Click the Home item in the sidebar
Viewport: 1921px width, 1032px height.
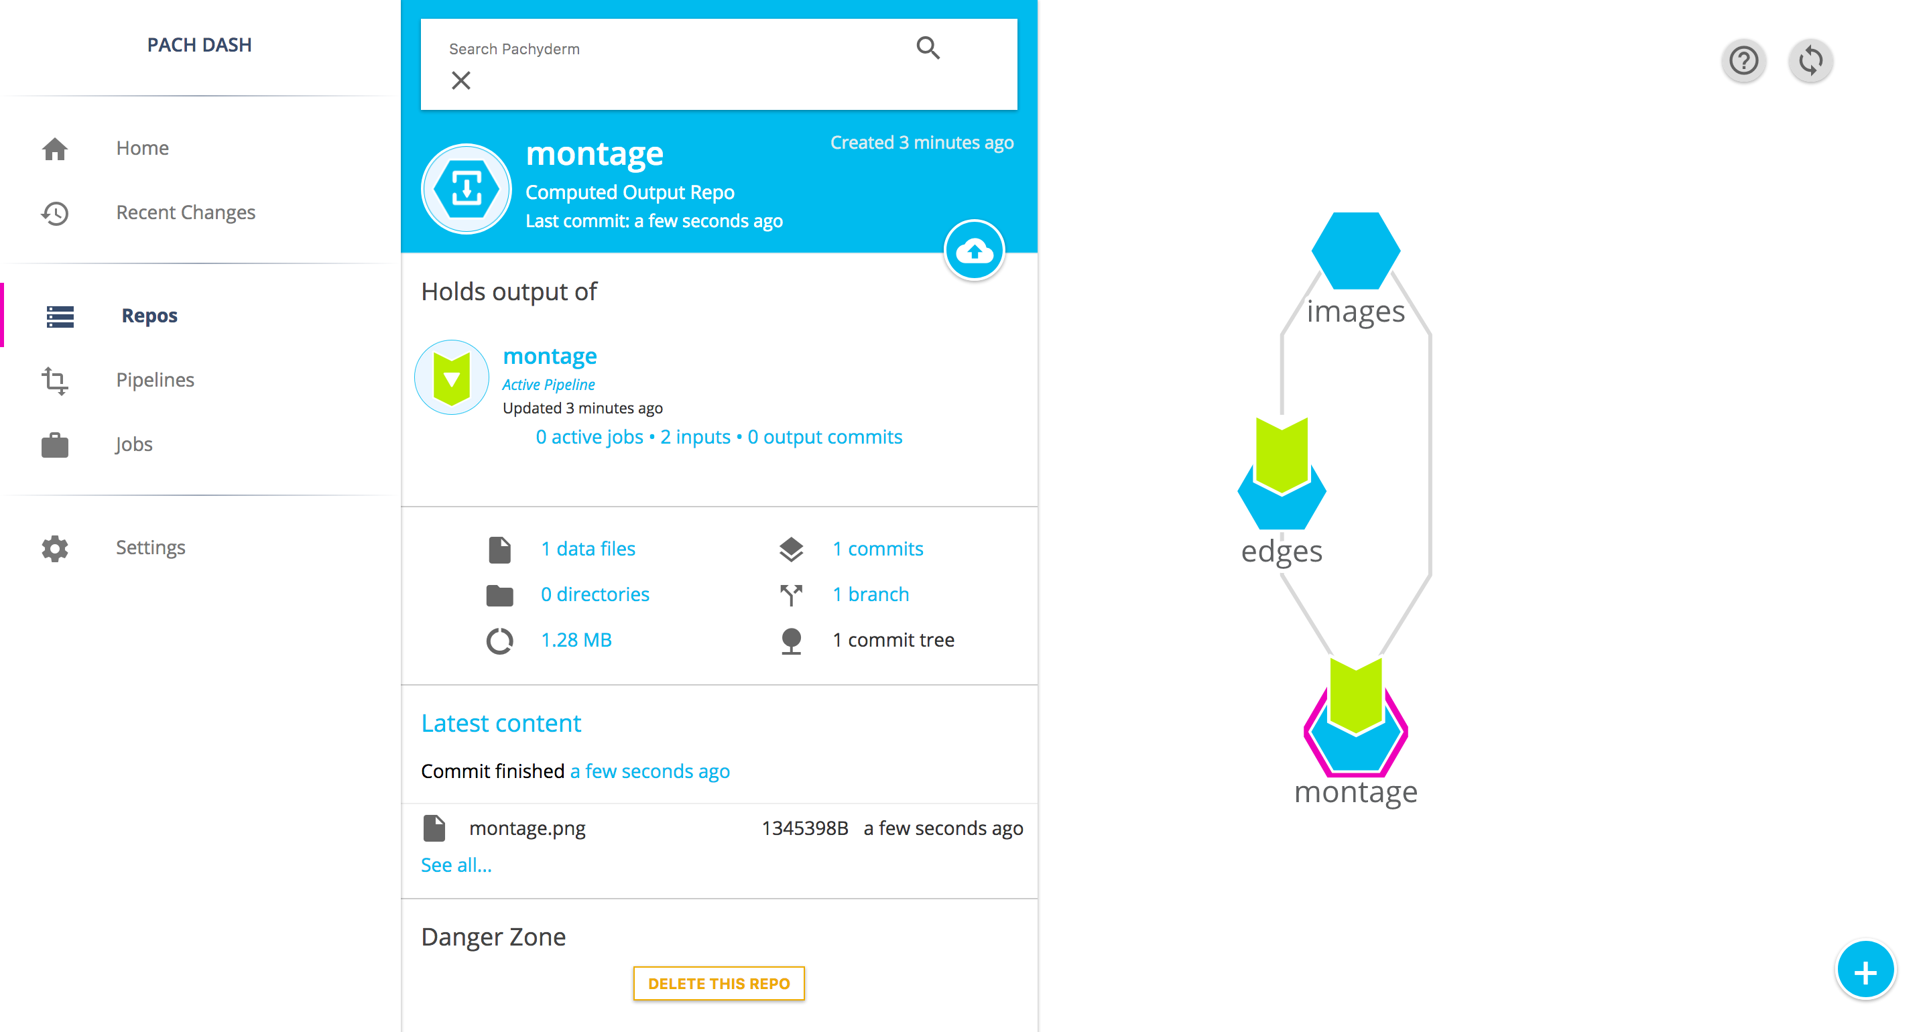click(x=141, y=147)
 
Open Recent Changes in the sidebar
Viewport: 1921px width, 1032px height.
click(x=185, y=212)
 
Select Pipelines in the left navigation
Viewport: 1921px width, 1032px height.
click(x=154, y=379)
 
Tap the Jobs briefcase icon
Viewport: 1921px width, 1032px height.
click(x=54, y=444)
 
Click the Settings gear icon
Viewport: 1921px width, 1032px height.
click(x=54, y=548)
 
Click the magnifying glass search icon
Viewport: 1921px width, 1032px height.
click(x=928, y=48)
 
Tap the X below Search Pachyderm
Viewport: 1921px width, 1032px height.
click(x=461, y=80)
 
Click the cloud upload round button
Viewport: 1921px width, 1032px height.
click(x=974, y=251)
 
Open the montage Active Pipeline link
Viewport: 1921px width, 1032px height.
click(x=550, y=357)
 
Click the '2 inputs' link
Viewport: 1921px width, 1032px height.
click(x=695, y=437)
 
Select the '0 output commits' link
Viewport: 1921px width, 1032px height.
click(x=825, y=437)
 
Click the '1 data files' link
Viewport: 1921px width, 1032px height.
click(x=588, y=549)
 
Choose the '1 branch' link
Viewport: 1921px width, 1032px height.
click(x=870, y=594)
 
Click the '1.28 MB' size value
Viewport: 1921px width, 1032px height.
click(x=576, y=640)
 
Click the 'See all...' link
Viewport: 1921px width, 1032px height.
click(x=456, y=865)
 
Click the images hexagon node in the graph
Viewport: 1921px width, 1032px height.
click(x=1355, y=251)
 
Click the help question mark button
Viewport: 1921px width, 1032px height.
click(x=1743, y=60)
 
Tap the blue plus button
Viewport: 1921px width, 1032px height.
click(x=1864, y=972)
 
